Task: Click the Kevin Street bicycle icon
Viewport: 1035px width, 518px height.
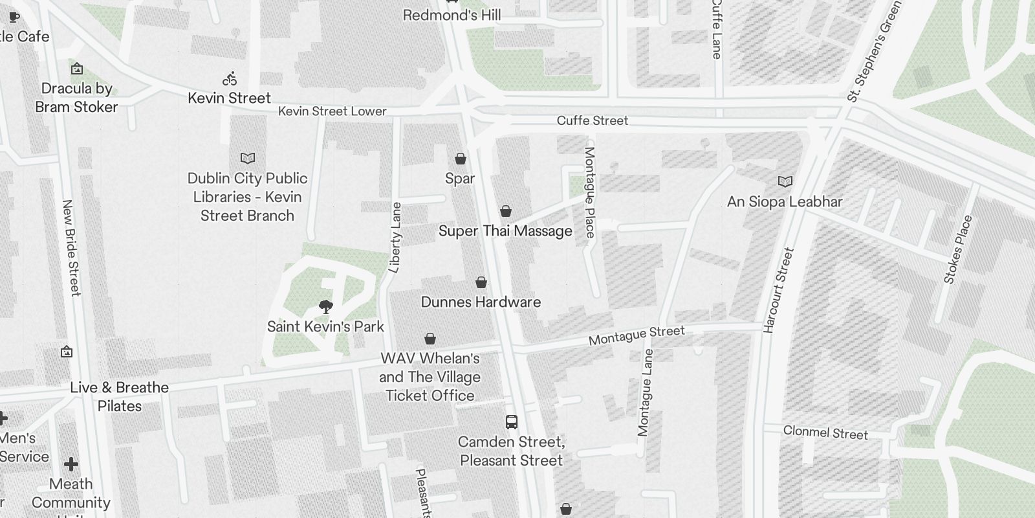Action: (230, 80)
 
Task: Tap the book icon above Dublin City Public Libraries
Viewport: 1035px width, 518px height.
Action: (248, 158)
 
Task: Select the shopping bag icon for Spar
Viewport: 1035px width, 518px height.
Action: (461, 159)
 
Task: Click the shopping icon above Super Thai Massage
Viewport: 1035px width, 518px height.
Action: (506, 211)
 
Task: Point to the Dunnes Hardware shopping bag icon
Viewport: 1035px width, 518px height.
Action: (481, 282)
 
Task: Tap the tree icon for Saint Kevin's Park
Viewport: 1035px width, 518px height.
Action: (326, 306)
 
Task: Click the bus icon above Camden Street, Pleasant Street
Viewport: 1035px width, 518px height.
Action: (512, 422)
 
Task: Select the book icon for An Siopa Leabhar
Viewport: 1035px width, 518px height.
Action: (785, 182)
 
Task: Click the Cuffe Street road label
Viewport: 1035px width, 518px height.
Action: (593, 120)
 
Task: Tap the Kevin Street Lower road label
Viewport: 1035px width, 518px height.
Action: (332, 111)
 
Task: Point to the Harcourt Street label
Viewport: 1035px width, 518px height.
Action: (778, 290)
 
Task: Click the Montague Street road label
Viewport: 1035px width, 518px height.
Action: (637, 335)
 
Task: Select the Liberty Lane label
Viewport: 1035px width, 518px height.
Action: (396, 237)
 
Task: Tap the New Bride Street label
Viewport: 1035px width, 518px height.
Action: (71, 248)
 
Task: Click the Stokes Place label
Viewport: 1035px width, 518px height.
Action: (958, 249)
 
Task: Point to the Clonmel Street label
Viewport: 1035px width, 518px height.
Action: (825, 433)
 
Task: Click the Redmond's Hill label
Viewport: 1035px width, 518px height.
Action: (452, 15)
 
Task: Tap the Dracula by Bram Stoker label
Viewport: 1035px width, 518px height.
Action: (76, 98)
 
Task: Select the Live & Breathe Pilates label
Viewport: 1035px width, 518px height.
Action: (120, 396)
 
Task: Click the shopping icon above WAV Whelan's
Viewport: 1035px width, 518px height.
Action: (430, 339)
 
